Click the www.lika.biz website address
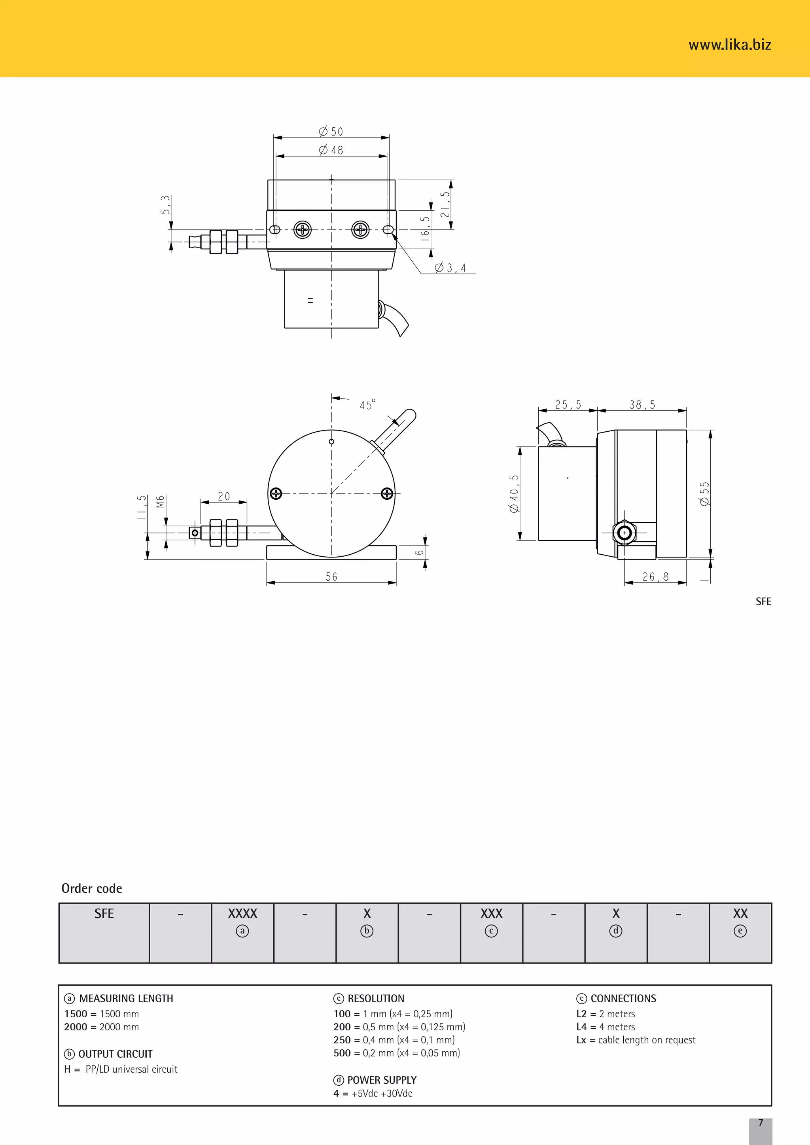(x=729, y=45)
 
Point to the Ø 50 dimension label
(x=331, y=132)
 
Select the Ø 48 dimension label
(x=331, y=150)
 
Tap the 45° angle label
(x=367, y=404)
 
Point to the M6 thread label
(x=160, y=501)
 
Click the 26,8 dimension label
(x=655, y=577)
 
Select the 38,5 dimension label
(x=642, y=404)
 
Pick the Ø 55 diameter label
(x=704, y=494)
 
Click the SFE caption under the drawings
(x=763, y=601)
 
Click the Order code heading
(x=92, y=888)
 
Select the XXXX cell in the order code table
(x=242, y=914)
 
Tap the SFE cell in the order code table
(x=104, y=914)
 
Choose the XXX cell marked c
(x=491, y=914)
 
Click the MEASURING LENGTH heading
(x=126, y=998)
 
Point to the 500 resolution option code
(x=342, y=1053)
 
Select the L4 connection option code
(x=581, y=1027)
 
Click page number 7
(x=761, y=1122)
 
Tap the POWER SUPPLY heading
(x=382, y=1080)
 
